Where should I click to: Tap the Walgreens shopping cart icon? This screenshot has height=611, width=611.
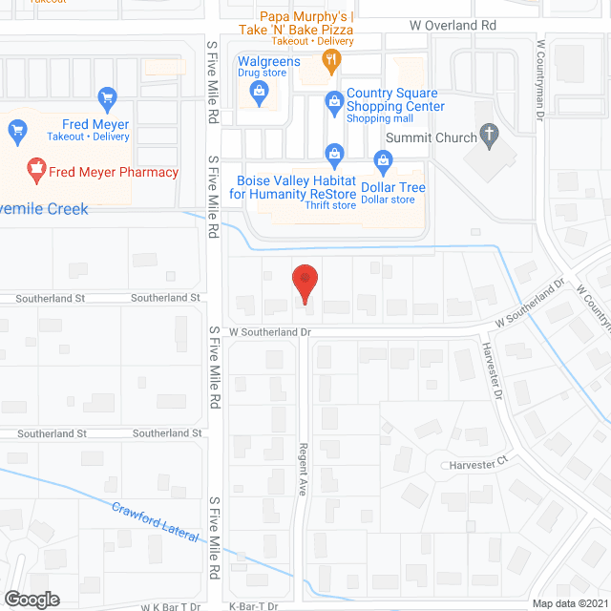pos(258,91)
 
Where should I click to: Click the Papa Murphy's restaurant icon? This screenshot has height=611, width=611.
pos(332,61)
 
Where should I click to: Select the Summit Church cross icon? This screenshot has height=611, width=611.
pos(489,137)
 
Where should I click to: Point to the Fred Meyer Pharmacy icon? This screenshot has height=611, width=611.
pos(37,173)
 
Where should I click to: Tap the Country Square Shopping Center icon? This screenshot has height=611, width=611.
pos(334,99)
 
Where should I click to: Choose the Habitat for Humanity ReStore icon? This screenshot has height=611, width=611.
pos(334,153)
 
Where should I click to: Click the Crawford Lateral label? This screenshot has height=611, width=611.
pos(155,522)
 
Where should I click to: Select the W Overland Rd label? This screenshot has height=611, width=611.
pos(453,26)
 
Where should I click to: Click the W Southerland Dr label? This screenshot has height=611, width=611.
pos(270,332)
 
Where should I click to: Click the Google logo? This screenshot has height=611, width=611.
pos(31,599)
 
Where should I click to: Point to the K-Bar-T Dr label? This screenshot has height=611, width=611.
pos(253,606)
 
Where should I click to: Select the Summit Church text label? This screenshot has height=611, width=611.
pos(431,137)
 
